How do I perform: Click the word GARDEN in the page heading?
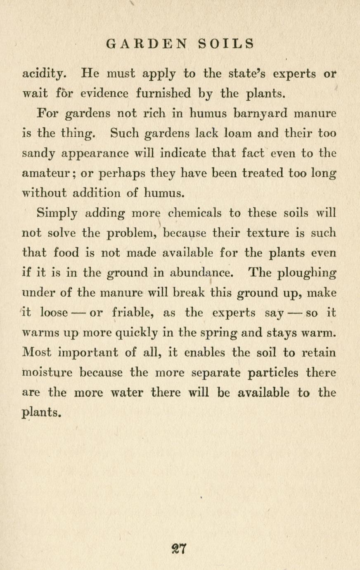click(147, 44)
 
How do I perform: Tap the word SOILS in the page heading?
click(226, 44)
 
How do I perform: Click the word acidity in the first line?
click(43, 75)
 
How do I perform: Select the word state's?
click(245, 74)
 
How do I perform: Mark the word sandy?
click(40, 154)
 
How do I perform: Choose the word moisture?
click(46, 372)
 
